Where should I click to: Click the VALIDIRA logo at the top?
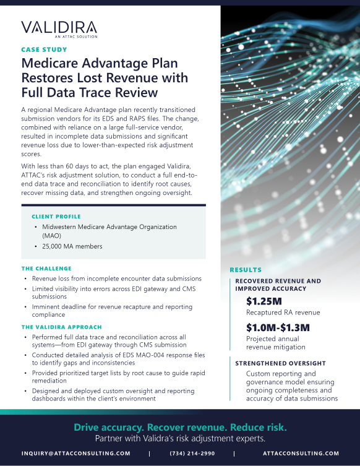point(59,27)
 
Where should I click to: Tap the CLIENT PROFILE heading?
point(55,217)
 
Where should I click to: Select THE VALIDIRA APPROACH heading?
point(61,327)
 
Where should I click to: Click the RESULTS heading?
point(246,270)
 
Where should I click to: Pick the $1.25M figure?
point(264,301)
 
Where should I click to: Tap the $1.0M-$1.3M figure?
point(278,327)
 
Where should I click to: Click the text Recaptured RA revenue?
point(283,313)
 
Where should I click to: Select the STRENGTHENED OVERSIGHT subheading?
point(280,363)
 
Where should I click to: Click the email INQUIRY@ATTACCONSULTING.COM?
point(75,453)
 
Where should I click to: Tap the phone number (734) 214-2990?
point(191,453)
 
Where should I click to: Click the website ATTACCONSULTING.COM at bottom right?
point(301,453)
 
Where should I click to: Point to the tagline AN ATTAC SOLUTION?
point(77,37)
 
